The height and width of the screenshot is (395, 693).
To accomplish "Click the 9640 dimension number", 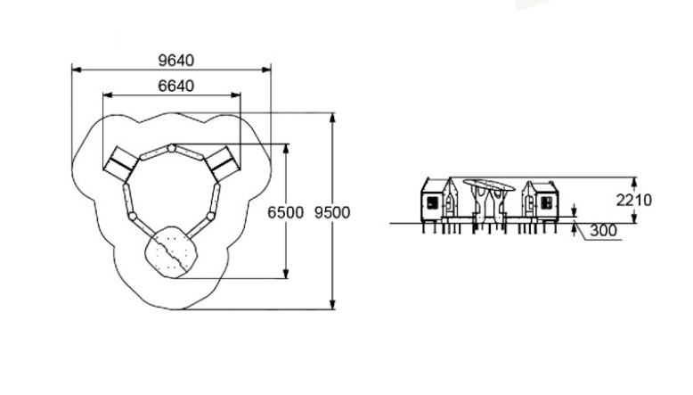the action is (x=175, y=61).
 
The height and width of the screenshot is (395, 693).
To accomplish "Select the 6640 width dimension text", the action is (x=175, y=86).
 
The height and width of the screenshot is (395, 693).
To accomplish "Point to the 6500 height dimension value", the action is (x=286, y=213).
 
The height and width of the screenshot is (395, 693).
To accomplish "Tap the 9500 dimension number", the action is (x=332, y=213).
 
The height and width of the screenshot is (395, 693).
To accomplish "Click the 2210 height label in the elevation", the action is (x=634, y=201).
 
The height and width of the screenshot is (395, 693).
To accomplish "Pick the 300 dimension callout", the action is (x=603, y=230).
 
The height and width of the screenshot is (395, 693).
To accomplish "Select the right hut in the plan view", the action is (x=223, y=164).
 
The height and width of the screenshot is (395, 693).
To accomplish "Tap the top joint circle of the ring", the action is (x=172, y=148).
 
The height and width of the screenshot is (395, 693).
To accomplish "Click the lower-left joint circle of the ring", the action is (x=132, y=217).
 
